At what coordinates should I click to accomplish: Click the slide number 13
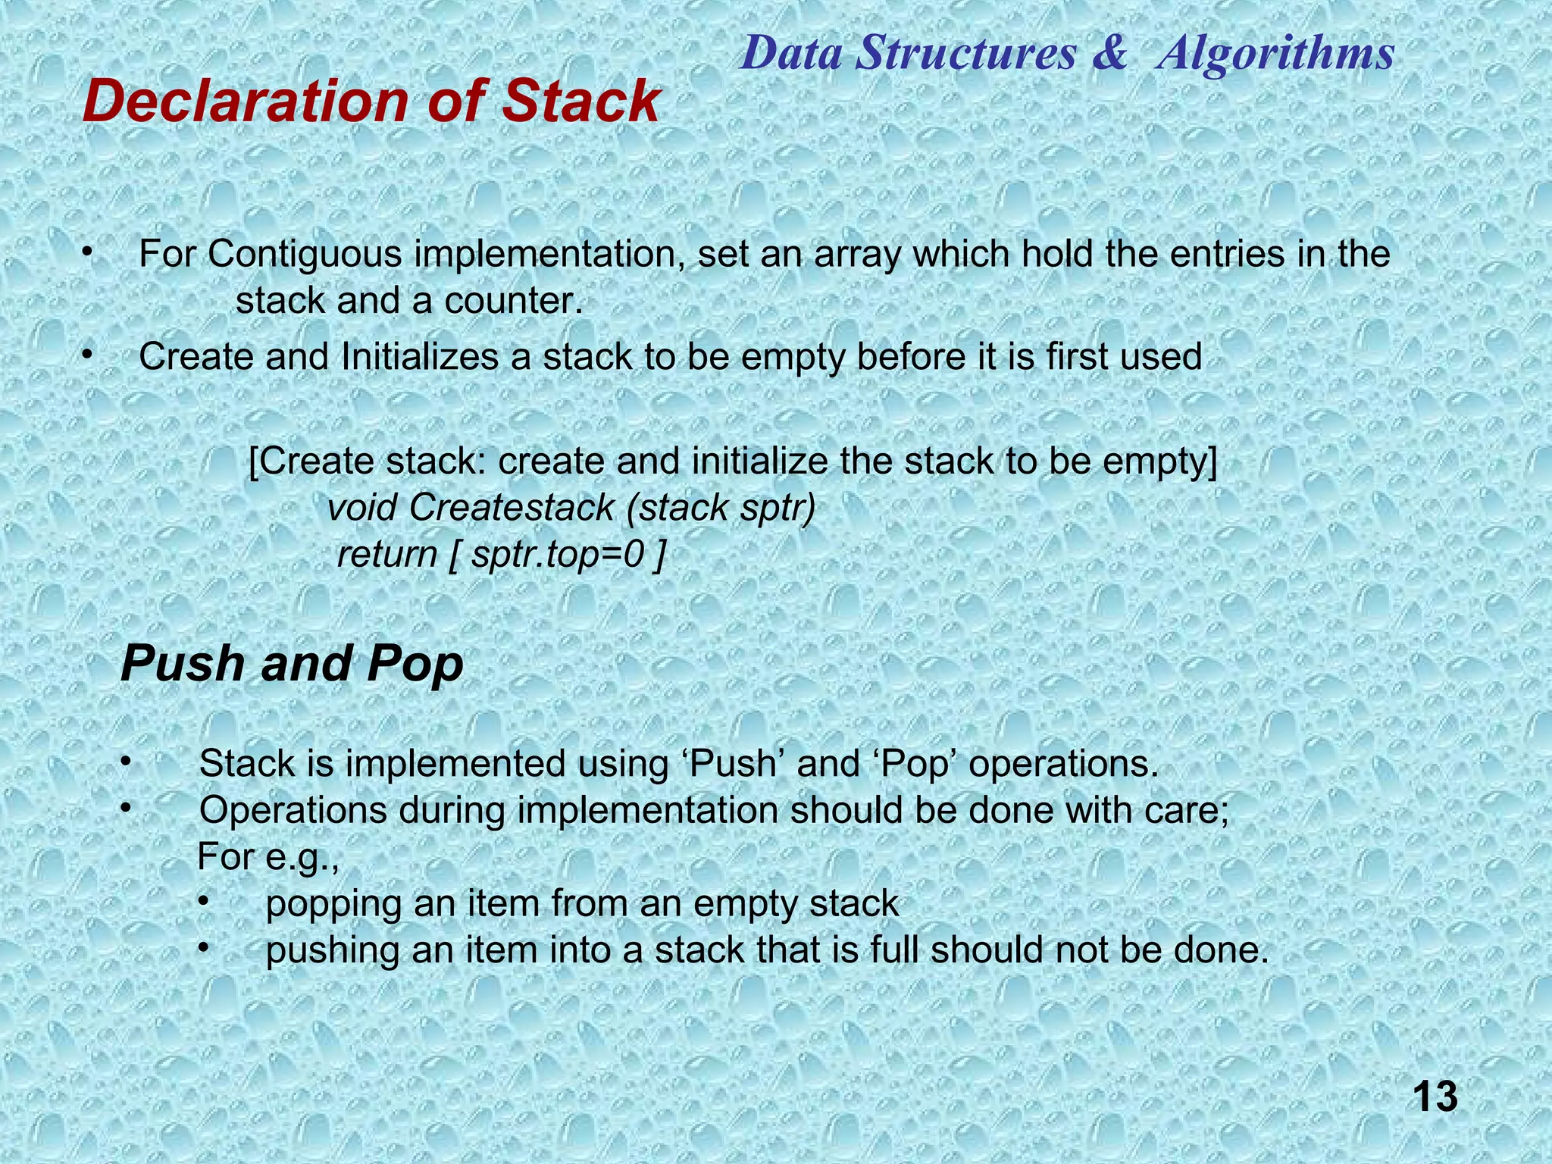coord(1435,1097)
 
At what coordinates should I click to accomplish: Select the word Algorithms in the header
coord(1275,54)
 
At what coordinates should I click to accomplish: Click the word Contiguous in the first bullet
coord(305,255)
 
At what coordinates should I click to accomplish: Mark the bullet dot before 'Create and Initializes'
coord(88,354)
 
